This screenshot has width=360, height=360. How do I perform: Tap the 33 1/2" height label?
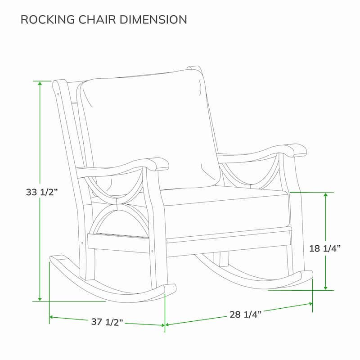click(x=42, y=192)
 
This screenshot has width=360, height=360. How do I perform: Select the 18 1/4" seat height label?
click(x=324, y=248)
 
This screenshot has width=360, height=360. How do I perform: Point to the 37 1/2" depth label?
click(x=107, y=322)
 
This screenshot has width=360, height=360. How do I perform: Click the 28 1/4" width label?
click(x=246, y=314)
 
